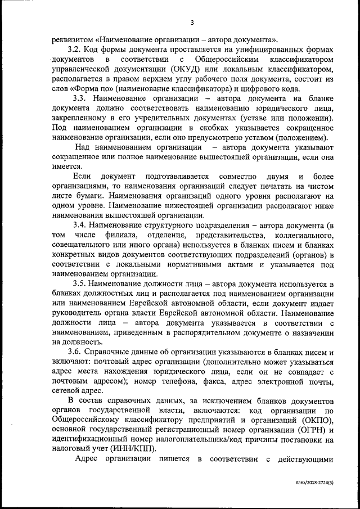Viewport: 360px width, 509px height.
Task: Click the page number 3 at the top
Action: click(x=192, y=22)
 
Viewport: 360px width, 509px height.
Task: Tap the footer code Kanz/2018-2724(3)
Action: click(x=318, y=498)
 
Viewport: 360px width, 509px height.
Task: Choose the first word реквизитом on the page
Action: click(x=73, y=39)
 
